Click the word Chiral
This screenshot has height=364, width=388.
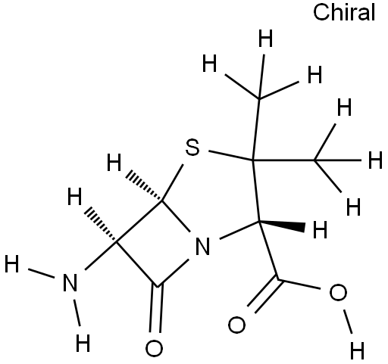tap(344, 13)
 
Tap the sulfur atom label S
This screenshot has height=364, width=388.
tap(192, 148)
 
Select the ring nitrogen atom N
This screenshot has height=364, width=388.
tap(203, 246)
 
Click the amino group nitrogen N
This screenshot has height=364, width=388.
tap(70, 282)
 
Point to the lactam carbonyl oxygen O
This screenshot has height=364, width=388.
tap(154, 348)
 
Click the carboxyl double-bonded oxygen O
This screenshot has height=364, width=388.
tap(236, 325)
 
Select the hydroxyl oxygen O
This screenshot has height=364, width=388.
tap(338, 292)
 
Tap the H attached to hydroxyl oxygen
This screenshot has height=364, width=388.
tap(358, 350)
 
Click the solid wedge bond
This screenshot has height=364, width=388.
tap(282, 226)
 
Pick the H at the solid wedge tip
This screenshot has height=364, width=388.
tap(320, 229)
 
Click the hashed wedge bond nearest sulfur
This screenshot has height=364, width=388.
tap(145, 186)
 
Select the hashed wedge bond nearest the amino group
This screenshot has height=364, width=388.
tap(101, 224)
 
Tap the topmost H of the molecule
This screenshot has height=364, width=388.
tap(266, 39)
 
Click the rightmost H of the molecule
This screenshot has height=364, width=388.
tap(375, 160)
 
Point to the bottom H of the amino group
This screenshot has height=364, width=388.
tap(83, 343)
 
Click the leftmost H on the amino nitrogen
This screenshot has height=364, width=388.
tap(12, 264)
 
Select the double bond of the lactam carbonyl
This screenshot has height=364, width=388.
tap(156, 310)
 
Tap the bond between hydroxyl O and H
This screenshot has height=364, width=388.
tap(348, 322)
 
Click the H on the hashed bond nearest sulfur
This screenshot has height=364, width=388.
tap(114, 163)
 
